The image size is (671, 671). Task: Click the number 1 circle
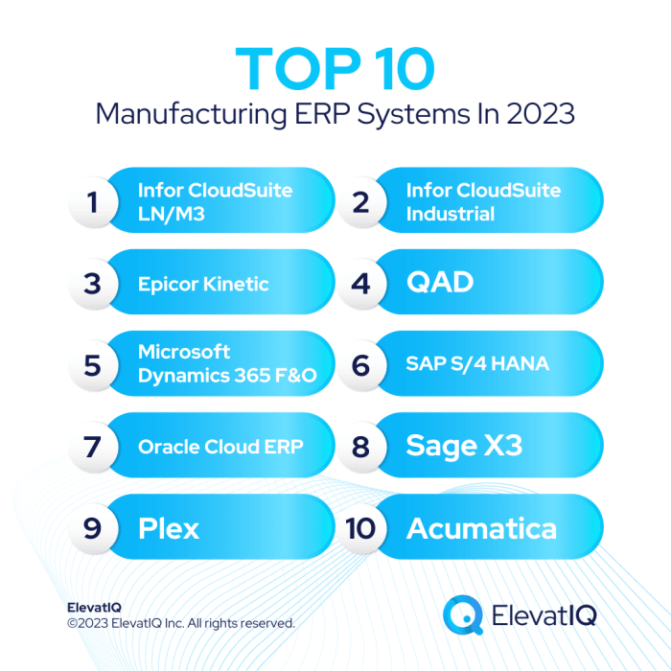coord(92,202)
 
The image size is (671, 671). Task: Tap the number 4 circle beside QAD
coord(360,284)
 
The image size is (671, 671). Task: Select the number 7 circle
coord(92,447)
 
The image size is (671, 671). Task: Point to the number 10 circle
coord(360,528)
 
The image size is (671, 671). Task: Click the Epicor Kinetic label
coord(203,284)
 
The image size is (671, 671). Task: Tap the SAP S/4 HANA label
coord(476,365)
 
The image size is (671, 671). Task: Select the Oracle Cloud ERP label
coord(220,447)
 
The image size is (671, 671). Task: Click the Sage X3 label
coord(464,447)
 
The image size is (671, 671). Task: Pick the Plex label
coord(169,528)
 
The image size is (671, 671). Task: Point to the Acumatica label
coord(481,528)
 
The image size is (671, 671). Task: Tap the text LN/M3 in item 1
coord(172,213)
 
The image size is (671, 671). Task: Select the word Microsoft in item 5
coord(184,353)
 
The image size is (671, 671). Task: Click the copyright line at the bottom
coord(181,623)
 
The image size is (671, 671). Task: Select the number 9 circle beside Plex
coord(92,528)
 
